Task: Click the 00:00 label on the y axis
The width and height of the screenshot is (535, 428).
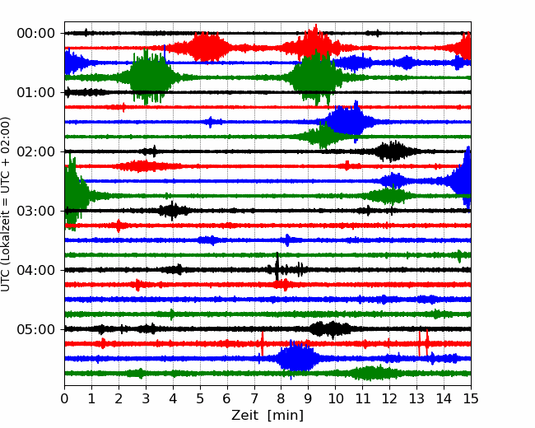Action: [36, 34]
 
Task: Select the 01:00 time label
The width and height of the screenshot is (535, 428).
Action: [36, 92]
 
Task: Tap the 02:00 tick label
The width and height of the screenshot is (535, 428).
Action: [36, 151]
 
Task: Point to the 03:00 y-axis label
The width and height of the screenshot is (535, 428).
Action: [36, 211]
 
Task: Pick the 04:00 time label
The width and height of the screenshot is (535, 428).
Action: [36, 270]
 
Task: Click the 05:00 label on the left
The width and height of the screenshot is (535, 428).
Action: [36, 329]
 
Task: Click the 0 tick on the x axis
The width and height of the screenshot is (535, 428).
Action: [64, 398]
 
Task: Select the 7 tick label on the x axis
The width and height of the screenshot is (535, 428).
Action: [254, 398]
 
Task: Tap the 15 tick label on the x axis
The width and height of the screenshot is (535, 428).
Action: [471, 398]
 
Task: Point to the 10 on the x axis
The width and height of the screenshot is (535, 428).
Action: [335, 398]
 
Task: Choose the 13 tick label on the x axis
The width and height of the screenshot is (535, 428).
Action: [416, 398]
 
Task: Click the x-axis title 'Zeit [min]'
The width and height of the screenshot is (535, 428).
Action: [267, 416]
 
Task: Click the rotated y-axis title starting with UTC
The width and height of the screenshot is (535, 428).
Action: [5, 204]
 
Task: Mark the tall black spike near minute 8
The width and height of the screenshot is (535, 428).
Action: [277, 267]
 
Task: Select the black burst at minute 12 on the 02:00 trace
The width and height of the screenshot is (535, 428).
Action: [394, 151]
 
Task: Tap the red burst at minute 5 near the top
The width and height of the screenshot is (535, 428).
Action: [207, 47]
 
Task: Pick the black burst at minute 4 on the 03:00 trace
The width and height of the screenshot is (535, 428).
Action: [173, 211]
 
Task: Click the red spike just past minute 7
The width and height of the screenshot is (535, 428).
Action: [262, 343]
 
